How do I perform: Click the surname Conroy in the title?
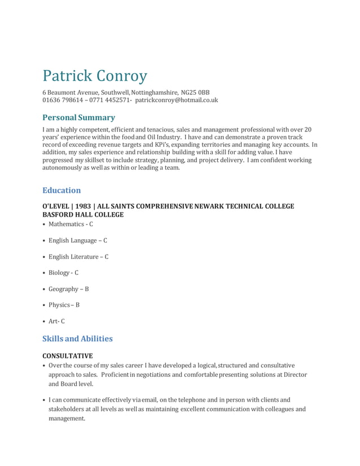[122, 75]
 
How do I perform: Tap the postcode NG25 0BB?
[199, 92]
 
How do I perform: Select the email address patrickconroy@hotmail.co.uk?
[177, 100]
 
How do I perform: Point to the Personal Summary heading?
[78, 117]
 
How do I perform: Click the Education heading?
[62, 190]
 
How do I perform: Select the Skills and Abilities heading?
[77, 338]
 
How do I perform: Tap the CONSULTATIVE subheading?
[68, 356]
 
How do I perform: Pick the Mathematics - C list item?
[71, 224]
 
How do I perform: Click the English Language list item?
[77, 240]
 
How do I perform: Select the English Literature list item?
[78, 257]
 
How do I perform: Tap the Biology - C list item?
[63, 272]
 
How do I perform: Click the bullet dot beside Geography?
[45, 289]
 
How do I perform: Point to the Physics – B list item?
[64, 305]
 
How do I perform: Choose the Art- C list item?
[56, 321]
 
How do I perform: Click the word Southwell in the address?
[116, 92]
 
